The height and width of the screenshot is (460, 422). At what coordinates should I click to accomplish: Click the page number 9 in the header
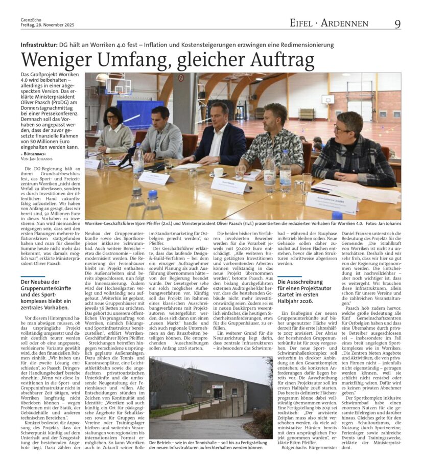[x=397, y=24]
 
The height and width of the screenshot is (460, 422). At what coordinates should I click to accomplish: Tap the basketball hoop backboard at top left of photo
[x=119, y=85]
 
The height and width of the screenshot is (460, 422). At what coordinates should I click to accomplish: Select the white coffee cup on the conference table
[x=218, y=172]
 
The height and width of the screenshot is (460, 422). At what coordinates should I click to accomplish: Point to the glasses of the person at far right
[x=342, y=128]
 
